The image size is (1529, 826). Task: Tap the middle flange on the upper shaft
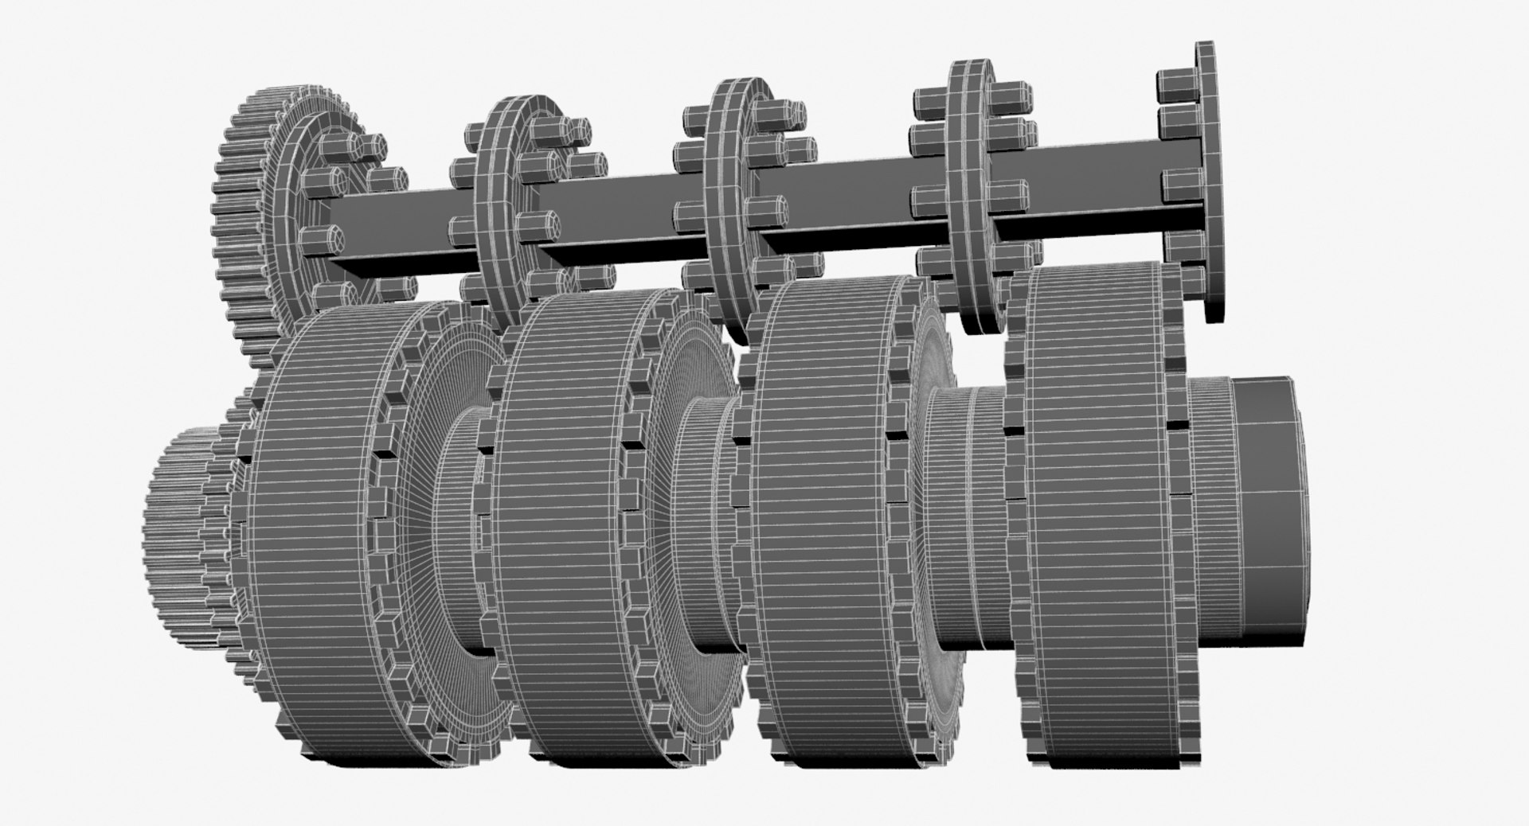[729, 191]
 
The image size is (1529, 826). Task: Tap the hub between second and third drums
[701, 493]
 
